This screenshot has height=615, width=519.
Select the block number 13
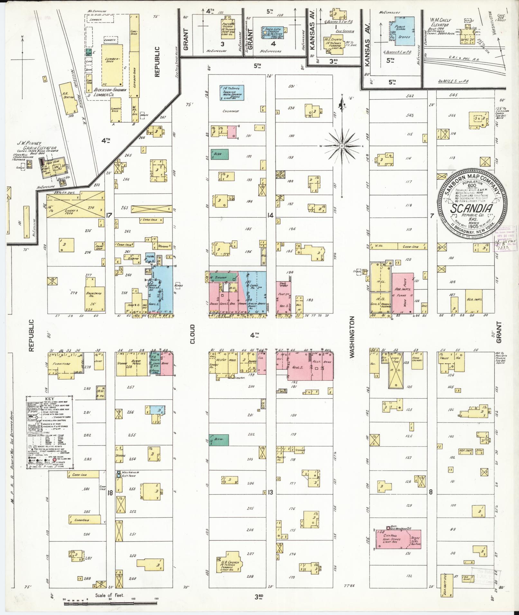pyautogui.click(x=270, y=492)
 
